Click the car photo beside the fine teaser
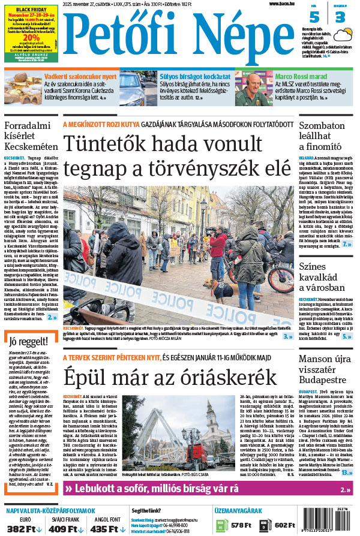138,88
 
